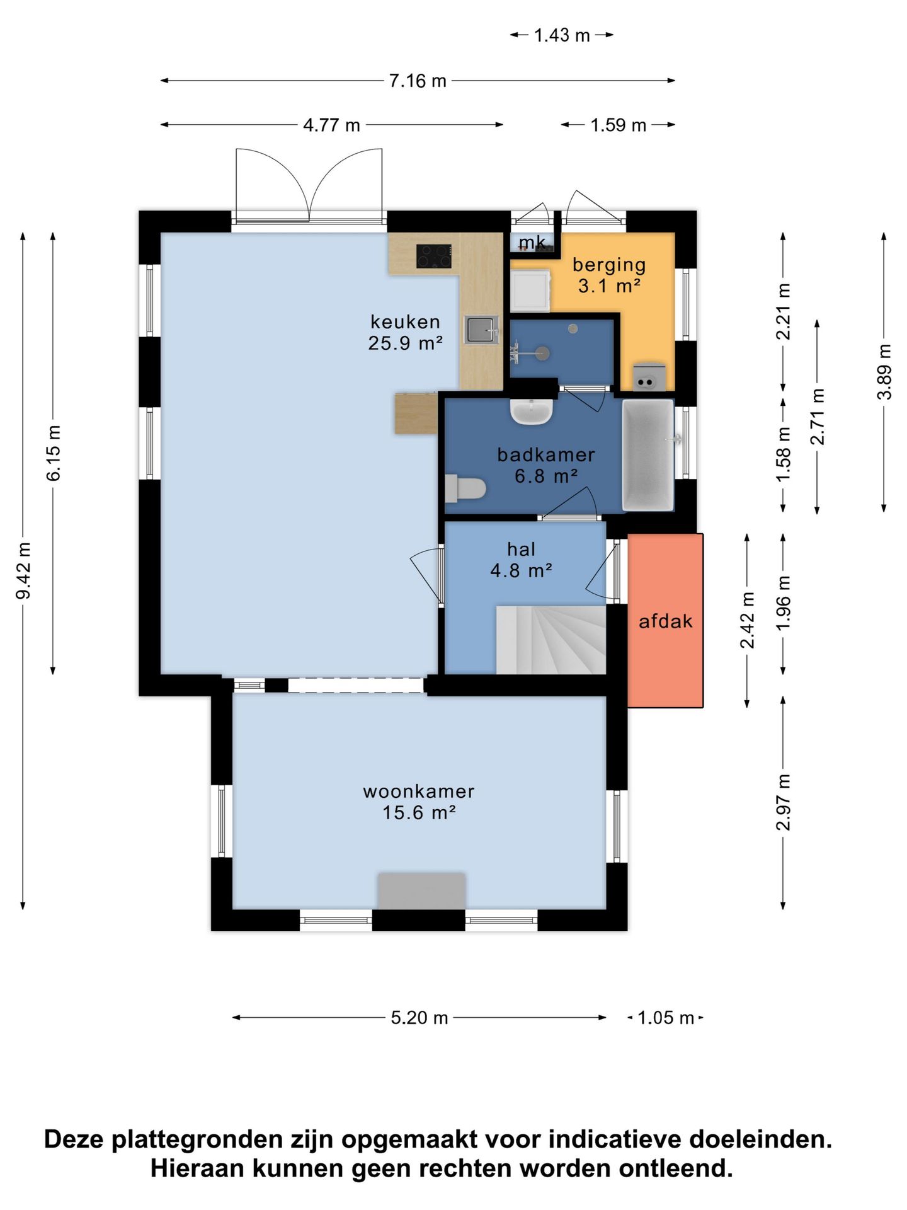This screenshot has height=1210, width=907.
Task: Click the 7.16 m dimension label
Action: point(418,81)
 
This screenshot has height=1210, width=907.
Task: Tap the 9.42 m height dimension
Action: point(23,571)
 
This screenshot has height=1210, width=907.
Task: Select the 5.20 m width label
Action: point(419,1018)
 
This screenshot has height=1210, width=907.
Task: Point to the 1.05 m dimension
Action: point(665,1018)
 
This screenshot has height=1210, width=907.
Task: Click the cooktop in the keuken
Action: point(434,256)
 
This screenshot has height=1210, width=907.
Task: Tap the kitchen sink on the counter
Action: point(481,330)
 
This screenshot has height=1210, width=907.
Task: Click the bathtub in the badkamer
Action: point(648,454)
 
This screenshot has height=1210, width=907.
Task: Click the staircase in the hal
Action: point(551,640)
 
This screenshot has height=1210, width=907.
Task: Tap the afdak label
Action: point(666,621)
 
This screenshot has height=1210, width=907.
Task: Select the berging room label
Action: point(609,265)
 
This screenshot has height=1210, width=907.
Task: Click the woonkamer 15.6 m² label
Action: point(419,802)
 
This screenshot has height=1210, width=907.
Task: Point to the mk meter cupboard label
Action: point(532,242)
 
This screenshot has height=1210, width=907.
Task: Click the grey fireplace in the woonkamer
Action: point(421,890)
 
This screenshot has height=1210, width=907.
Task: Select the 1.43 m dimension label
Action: point(562,35)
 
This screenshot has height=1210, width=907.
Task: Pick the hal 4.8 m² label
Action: point(522,560)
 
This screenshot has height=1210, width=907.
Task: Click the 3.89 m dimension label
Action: point(884,371)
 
